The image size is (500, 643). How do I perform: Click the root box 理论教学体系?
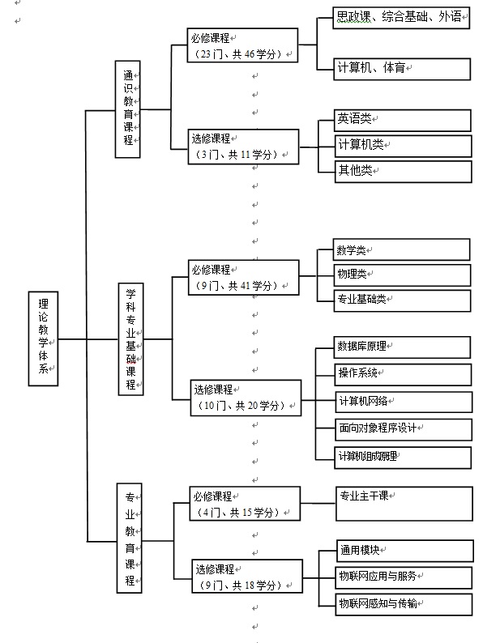[x=43, y=339]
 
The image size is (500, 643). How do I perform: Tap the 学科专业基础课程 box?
[x=130, y=339]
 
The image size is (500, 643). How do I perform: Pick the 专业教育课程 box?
[x=130, y=539]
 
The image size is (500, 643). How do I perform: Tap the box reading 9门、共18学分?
[x=246, y=577]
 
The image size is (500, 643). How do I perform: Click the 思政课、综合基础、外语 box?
[x=402, y=18]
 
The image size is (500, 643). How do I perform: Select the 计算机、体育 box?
[x=402, y=69]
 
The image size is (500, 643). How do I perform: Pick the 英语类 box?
[x=403, y=120]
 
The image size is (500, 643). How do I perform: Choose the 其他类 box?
[x=403, y=170]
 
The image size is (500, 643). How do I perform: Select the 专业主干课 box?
[x=404, y=503]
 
